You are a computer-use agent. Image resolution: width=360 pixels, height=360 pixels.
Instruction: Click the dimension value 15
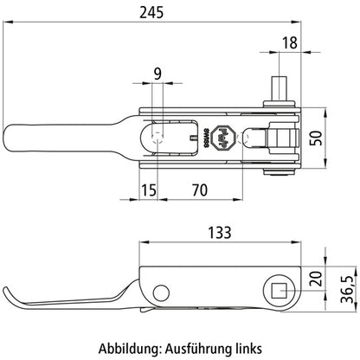pyautogui.click(x=149, y=190)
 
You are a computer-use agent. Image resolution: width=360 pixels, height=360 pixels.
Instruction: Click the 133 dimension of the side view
pyautogui.click(x=222, y=233)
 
